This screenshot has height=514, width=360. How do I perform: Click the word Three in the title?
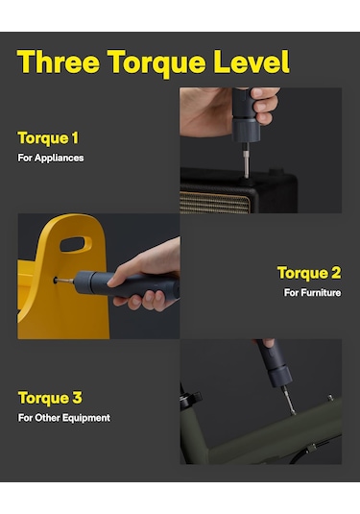[59, 61]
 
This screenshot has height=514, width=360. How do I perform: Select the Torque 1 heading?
[48, 138]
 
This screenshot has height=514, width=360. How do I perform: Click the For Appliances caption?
[51, 158]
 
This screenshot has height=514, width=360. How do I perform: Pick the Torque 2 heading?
[309, 273]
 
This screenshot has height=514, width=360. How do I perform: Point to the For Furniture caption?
[313, 292]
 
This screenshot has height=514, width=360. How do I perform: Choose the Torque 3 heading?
[50, 398]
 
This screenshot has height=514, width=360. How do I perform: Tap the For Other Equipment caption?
[64, 418]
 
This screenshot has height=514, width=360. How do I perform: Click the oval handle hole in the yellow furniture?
[76, 245]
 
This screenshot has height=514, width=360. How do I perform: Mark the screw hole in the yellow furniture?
[56, 281]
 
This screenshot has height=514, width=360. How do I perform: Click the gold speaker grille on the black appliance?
[214, 203]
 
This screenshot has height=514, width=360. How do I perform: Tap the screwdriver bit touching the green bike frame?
[289, 401]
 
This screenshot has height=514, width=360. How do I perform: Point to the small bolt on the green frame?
[330, 398]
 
